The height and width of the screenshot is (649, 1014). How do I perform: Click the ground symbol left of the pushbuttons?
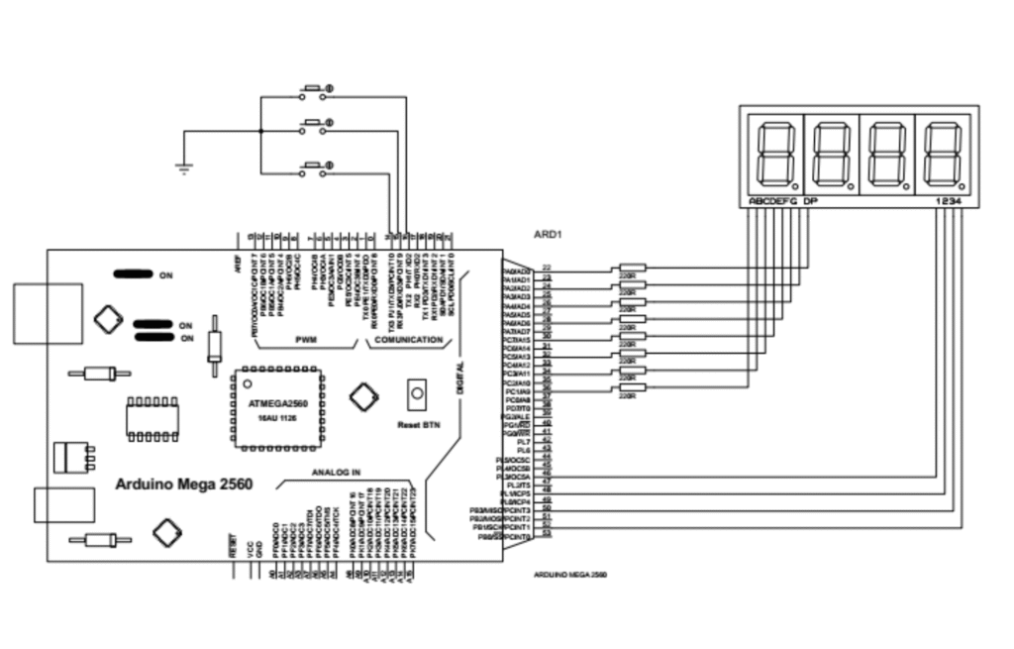182,168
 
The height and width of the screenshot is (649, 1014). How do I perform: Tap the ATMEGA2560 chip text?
271,405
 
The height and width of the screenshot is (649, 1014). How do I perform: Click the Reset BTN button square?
417,394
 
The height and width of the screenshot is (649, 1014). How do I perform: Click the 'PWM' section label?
306,340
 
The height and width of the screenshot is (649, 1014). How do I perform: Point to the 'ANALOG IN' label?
338,472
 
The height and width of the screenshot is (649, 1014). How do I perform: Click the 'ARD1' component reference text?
548,236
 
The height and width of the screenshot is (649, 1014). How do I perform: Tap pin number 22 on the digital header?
547,268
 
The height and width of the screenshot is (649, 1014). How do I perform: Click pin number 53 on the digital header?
547,536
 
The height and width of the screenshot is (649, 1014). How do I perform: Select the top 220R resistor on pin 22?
631,268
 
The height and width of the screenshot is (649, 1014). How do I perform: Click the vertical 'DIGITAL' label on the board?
461,377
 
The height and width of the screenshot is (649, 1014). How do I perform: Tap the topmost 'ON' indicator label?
166,275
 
